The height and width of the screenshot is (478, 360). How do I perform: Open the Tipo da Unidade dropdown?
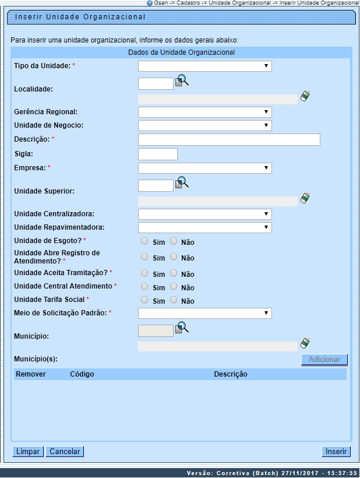(204, 66)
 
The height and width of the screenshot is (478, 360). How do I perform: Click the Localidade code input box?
(156, 84)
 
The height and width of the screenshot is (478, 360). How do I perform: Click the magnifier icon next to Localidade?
(182, 82)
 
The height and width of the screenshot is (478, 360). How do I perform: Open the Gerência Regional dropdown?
(204, 112)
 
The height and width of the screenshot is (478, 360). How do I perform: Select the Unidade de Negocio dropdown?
(204, 125)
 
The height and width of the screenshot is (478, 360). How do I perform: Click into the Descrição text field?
(229, 139)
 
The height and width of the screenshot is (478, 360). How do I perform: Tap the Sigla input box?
(157, 154)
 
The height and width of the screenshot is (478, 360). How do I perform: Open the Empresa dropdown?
(204, 168)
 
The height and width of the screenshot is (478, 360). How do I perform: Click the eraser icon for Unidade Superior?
(305, 199)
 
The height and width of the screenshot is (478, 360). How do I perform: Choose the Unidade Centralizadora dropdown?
(204, 214)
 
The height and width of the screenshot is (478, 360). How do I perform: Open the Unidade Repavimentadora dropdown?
(204, 227)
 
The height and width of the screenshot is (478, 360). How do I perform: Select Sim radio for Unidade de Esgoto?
(144, 241)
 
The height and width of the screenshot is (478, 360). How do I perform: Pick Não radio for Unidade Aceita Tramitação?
(173, 273)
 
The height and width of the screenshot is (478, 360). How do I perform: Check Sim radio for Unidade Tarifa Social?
(144, 300)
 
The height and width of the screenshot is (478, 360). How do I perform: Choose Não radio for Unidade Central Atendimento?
(173, 286)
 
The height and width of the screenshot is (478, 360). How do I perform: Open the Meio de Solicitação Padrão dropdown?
(204, 313)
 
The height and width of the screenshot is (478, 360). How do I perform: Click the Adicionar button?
(324, 360)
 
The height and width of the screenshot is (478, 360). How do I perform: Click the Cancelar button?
(65, 451)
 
